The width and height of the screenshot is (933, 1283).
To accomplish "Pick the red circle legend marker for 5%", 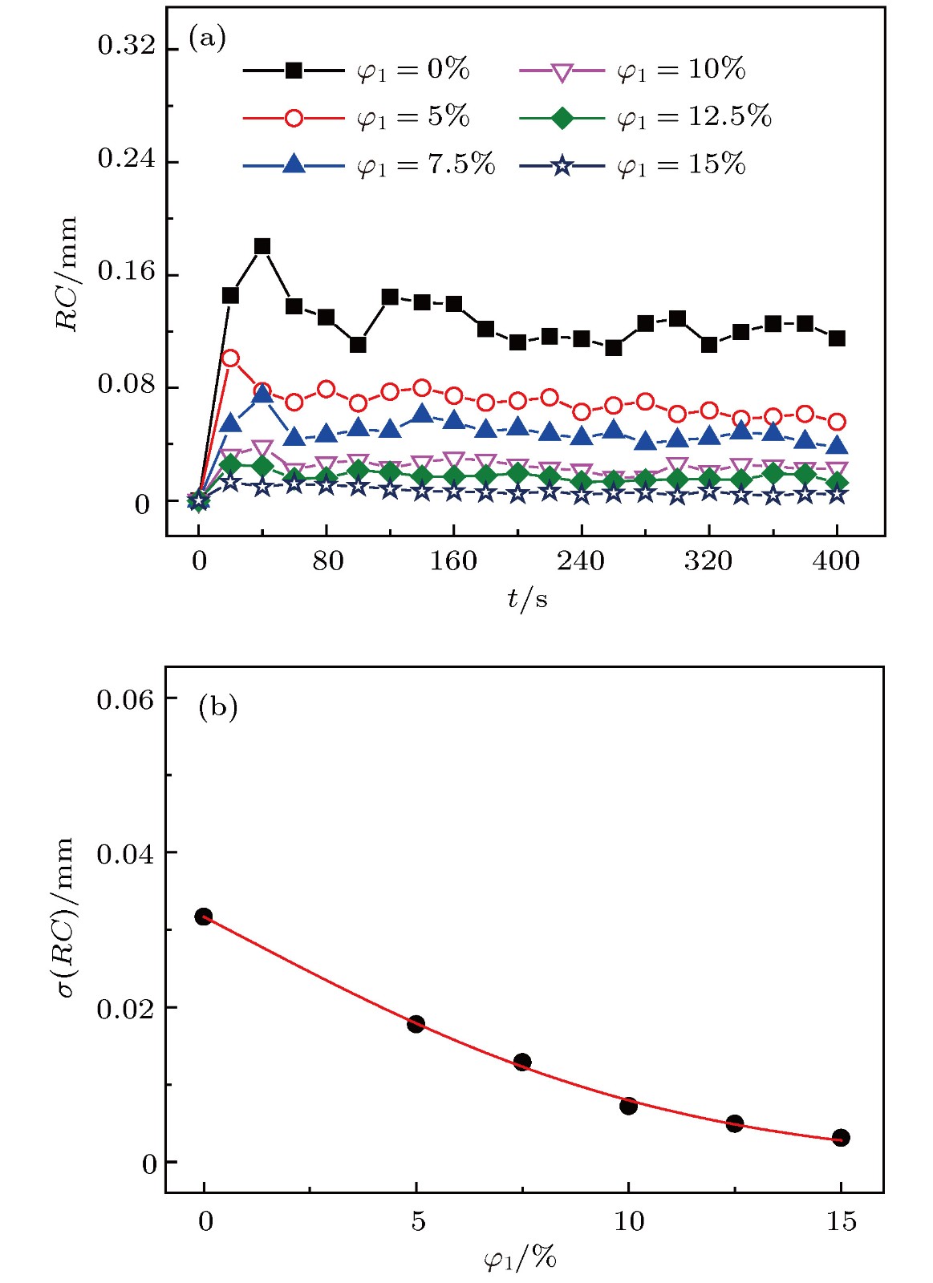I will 294,118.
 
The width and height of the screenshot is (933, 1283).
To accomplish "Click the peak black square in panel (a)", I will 262,246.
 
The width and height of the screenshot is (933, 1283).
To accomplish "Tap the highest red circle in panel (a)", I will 230,358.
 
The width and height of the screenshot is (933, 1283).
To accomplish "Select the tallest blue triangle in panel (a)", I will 262,394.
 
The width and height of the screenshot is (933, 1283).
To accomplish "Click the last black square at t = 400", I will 837,338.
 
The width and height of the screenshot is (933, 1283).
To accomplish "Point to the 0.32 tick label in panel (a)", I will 127,46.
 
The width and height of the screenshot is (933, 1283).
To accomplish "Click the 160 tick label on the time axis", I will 453,561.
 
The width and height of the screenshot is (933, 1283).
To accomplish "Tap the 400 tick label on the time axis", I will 836,561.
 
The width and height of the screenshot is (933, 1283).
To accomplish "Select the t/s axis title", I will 527,598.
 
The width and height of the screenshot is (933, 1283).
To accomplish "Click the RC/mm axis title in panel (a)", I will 67,273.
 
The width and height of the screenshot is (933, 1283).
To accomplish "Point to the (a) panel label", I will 207,38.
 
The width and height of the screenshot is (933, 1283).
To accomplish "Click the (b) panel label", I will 217,707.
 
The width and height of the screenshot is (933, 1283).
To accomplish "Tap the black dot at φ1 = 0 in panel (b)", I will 204,917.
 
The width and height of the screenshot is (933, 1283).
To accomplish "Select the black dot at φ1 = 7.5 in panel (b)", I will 522,1062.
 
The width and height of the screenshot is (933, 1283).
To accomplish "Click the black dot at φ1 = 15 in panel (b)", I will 841,1137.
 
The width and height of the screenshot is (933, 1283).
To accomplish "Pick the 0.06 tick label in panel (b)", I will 125,699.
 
